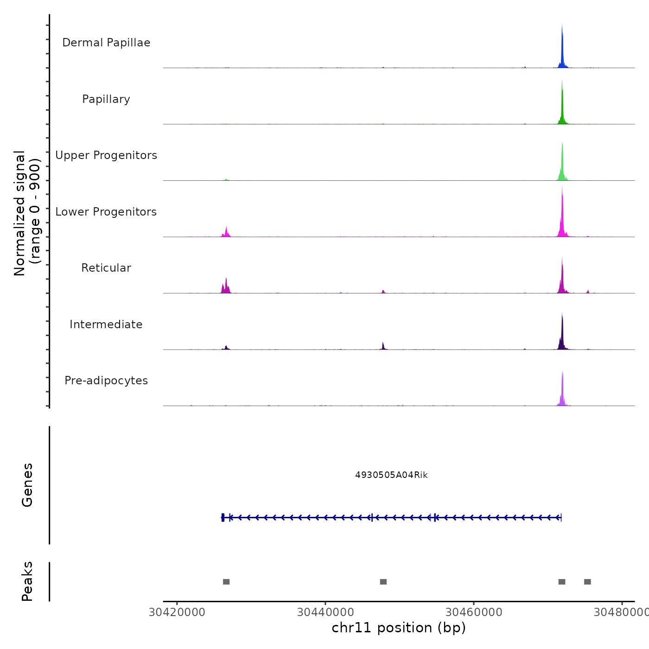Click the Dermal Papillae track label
coord(106,43)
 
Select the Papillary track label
coord(106,99)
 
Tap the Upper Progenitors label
coord(106,155)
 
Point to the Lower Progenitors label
coord(106,212)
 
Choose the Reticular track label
coord(106,268)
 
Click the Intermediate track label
coord(106,324)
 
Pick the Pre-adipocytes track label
coord(106,381)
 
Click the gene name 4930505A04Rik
coord(391,475)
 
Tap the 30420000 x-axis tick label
coord(177,612)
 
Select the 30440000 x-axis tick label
coord(325,612)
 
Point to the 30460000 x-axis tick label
coord(474,612)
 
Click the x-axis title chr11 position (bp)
coord(399,628)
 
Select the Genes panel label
coord(27,485)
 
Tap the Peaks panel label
coord(27,581)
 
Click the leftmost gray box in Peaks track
coord(226,582)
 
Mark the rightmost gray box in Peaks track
coord(587,582)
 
